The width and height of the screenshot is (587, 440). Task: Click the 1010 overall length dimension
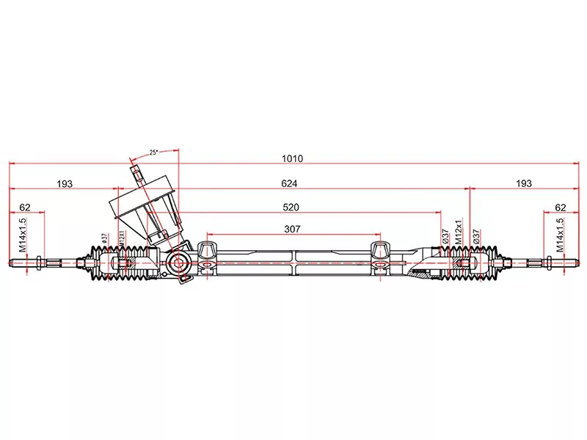click(x=292, y=158)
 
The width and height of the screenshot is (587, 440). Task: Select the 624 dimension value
click(x=289, y=183)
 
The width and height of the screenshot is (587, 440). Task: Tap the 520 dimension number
click(x=291, y=208)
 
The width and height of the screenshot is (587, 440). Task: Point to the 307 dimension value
click(x=292, y=229)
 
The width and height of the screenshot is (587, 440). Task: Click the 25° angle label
click(x=154, y=153)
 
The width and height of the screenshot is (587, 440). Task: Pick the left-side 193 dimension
click(x=65, y=184)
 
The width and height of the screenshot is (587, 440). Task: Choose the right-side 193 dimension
click(x=524, y=183)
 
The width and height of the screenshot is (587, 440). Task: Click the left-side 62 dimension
click(x=25, y=208)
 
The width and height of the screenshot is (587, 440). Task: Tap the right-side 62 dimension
click(x=561, y=208)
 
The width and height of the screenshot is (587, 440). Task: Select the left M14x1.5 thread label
click(x=23, y=235)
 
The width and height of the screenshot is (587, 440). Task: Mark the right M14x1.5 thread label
click(x=559, y=235)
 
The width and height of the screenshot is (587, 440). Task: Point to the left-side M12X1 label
click(x=122, y=238)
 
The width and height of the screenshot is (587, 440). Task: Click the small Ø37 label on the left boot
click(x=104, y=238)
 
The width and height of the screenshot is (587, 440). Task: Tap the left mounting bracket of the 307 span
click(x=206, y=258)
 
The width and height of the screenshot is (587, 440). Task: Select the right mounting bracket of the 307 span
click(x=380, y=258)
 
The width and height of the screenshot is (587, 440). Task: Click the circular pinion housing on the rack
click(x=178, y=263)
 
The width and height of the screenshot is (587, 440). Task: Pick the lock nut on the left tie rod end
click(x=38, y=263)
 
